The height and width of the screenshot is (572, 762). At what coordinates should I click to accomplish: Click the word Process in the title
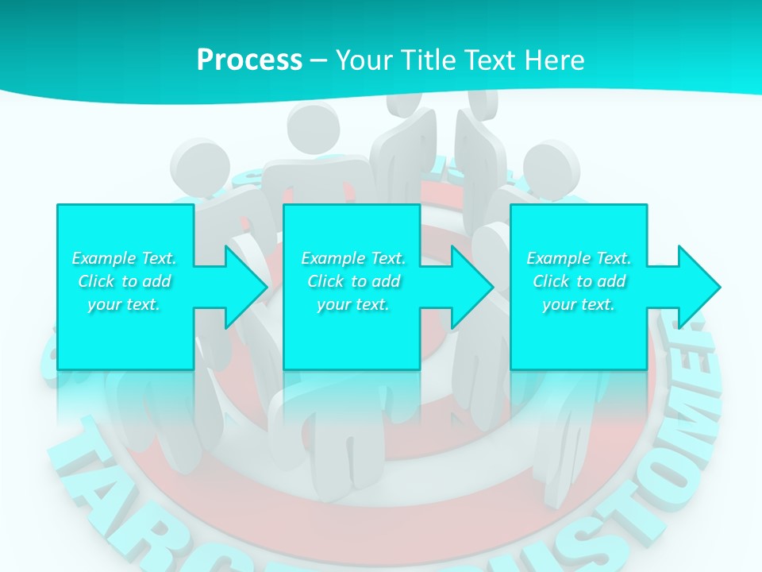click(x=249, y=60)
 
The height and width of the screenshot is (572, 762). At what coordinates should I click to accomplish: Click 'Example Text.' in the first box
click(x=124, y=258)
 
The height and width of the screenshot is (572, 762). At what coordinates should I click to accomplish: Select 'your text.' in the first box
click(x=124, y=304)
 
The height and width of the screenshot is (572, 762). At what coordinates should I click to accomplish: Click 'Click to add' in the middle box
click(x=353, y=281)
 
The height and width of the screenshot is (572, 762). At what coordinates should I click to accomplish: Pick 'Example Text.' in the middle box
click(x=353, y=258)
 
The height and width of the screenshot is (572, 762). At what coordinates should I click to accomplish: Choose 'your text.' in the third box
click(x=579, y=304)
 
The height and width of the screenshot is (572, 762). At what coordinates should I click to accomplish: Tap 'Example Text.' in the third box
click(x=579, y=258)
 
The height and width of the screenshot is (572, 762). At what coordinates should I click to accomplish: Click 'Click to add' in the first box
click(x=124, y=281)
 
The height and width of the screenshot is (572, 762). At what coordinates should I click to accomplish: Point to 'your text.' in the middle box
click(x=353, y=304)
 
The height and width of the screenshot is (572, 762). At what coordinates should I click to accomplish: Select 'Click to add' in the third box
click(x=579, y=281)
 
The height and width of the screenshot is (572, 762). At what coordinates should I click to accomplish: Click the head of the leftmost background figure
click(x=198, y=165)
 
